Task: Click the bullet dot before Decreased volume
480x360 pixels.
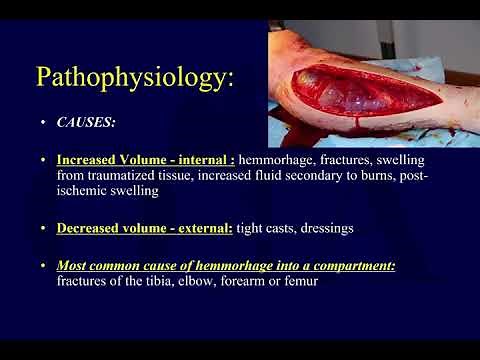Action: click(x=44, y=228)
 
